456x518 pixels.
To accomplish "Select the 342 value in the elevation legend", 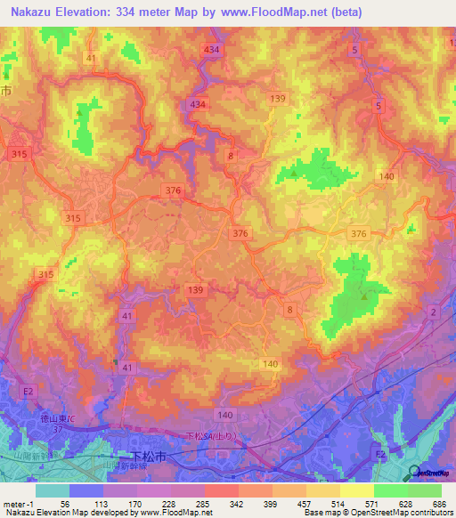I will pyautogui.click(x=236, y=505).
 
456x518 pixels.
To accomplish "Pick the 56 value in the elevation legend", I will pyautogui.click(x=66, y=505).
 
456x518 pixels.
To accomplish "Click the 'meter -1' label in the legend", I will pyautogui.click(x=19, y=505).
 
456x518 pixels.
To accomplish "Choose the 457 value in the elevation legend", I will pyautogui.click(x=304, y=505).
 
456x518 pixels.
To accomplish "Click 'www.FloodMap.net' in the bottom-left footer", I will pyautogui.click(x=183, y=513).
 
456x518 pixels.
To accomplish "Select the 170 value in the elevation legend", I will pyautogui.click(x=134, y=505).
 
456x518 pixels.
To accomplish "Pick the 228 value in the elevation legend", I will pyautogui.click(x=167, y=505).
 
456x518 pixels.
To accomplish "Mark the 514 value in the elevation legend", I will pyautogui.click(x=338, y=505).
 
